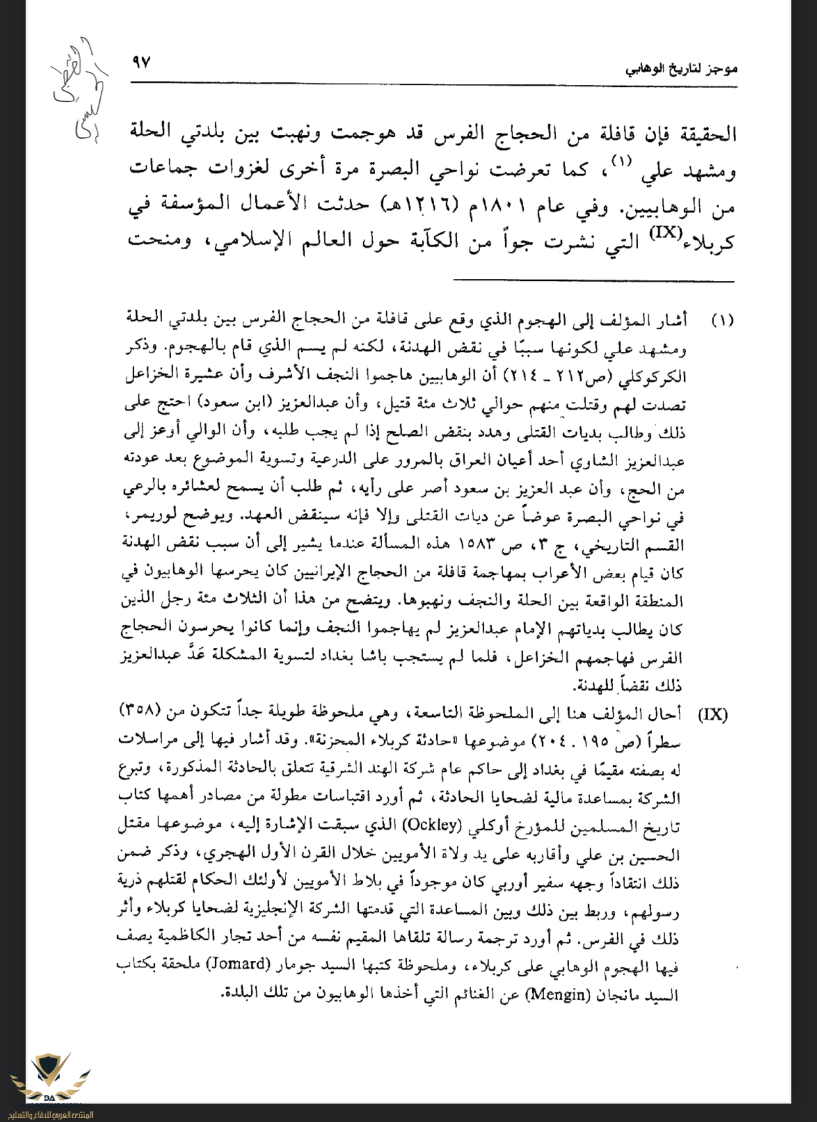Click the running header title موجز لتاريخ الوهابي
(x=681, y=68)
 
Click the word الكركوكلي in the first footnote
(x=658, y=376)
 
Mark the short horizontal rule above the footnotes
(x=593, y=281)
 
